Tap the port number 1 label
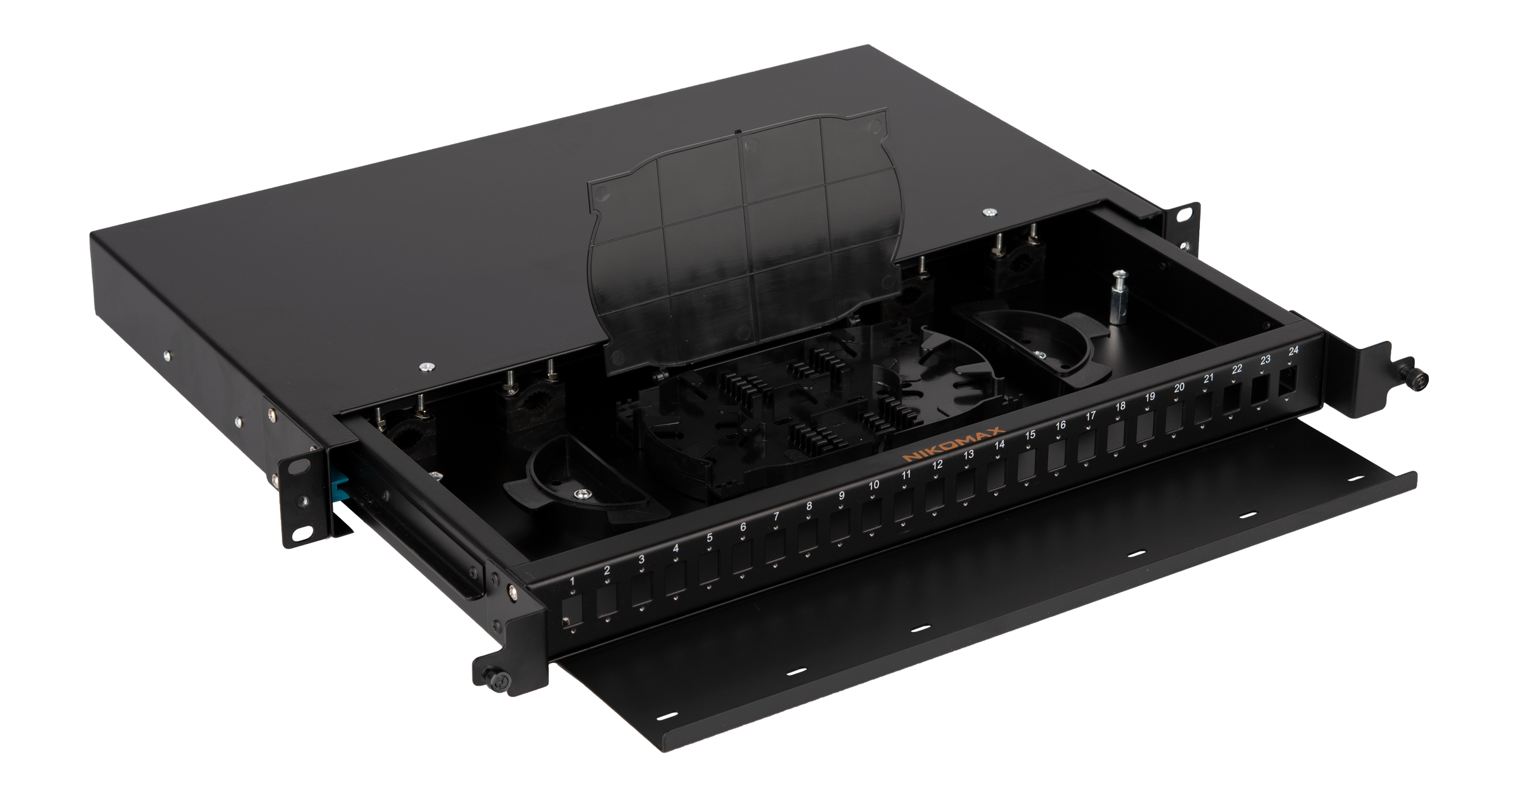pos(572,581)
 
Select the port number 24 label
pos(1293,350)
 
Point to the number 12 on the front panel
pos(937,464)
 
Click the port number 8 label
pos(809,506)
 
